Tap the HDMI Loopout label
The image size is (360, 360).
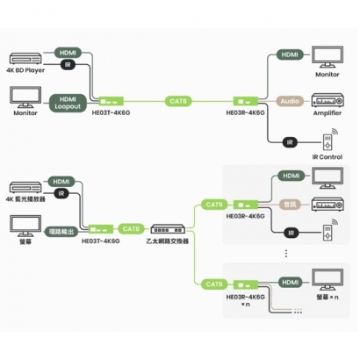[69, 101]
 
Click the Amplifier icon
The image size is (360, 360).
[326, 101]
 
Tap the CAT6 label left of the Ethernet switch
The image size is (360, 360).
[129, 227]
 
